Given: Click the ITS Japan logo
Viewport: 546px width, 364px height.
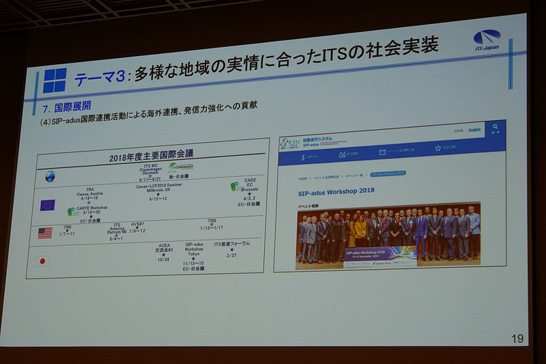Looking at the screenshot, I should point(486,40).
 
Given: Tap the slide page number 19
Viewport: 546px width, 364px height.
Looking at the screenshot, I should point(517,338).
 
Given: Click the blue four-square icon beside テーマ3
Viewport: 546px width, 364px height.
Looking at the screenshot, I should point(55,81).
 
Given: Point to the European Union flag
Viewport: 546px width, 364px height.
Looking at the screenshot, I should point(47,205).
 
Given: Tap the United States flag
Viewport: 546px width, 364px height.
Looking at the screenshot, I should point(45,233).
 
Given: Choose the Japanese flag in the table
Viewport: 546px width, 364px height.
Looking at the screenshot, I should point(43,260).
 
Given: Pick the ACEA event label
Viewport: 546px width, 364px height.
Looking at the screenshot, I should point(164,244).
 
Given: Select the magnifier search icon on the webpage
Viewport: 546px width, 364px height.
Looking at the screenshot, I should point(495,128).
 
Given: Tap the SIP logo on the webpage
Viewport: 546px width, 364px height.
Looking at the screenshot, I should point(289,143).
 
